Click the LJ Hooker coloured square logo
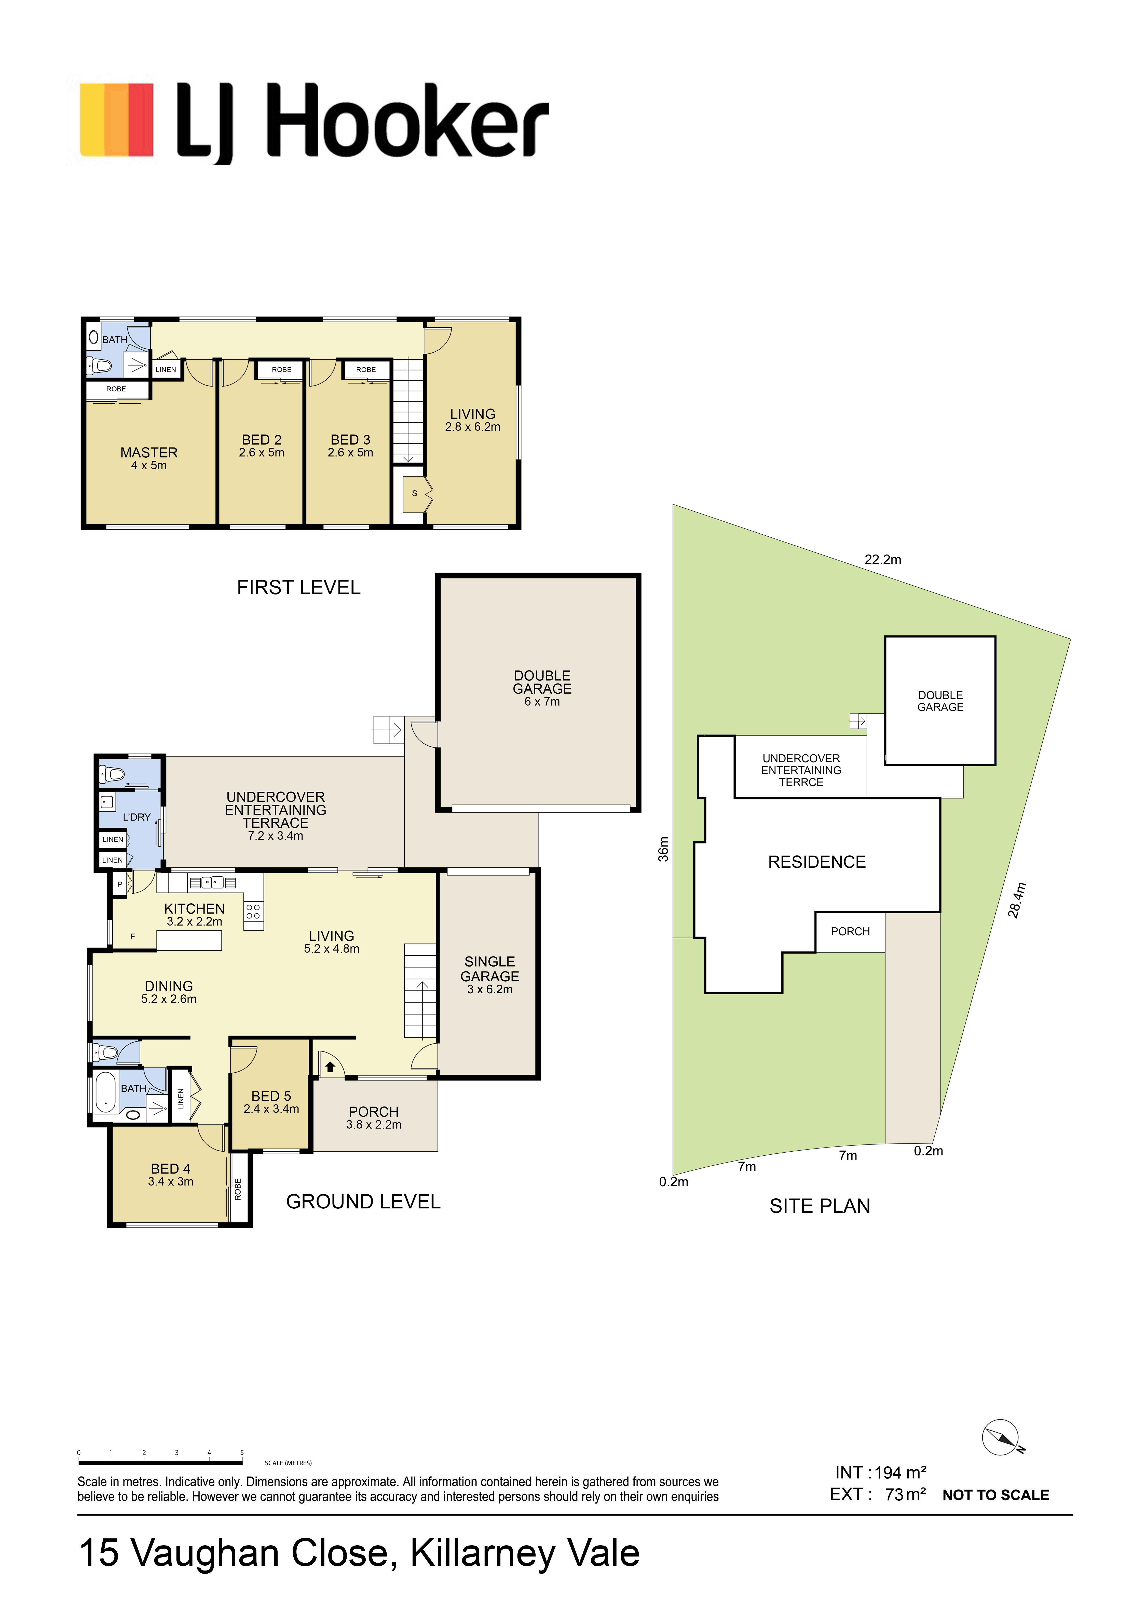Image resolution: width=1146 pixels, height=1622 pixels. tap(116, 120)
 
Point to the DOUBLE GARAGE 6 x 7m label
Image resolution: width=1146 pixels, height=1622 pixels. tap(542, 688)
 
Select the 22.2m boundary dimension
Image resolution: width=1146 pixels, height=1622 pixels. tap(883, 560)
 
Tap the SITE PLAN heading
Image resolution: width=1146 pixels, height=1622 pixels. tap(820, 1206)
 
